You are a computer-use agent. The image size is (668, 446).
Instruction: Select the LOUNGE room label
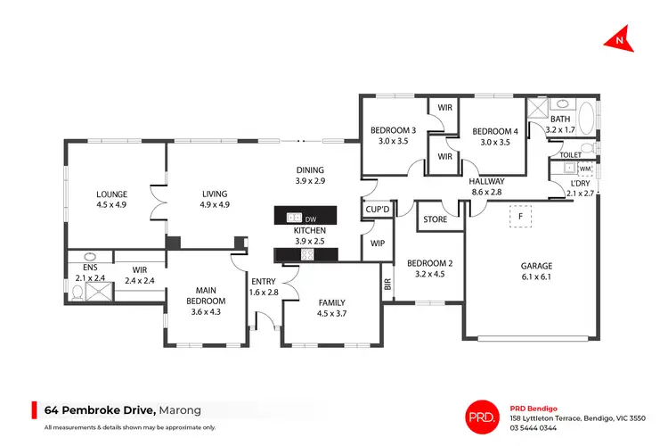click(x=112, y=194)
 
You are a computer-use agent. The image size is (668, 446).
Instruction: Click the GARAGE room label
click(x=536, y=266)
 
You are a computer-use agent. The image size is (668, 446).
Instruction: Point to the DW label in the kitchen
click(x=310, y=219)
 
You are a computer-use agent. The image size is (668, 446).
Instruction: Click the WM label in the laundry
click(x=585, y=169)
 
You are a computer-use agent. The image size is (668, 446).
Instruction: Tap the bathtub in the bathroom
click(x=588, y=118)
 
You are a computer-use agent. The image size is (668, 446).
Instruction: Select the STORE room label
click(x=435, y=219)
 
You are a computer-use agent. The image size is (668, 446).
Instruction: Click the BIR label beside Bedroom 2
click(x=387, y=285)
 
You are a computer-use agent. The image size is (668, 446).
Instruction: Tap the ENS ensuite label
click(x=89, y=267)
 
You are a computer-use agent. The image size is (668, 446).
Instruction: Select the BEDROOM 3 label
click(x=394, y=131)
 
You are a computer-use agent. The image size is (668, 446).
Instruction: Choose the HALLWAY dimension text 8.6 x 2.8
click(x=486, y=191)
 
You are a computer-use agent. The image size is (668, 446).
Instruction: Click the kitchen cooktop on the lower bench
click(x=308, y=254)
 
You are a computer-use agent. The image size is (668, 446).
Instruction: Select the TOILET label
click(x=570, y=154)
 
